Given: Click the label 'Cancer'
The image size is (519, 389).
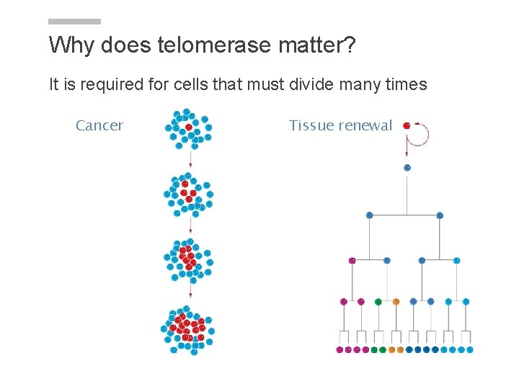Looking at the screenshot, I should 99,125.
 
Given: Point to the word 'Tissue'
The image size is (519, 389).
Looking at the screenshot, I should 311,125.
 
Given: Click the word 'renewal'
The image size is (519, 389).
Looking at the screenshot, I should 365,125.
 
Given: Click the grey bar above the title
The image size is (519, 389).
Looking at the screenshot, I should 75,22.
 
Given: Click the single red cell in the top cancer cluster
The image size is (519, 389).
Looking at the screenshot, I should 189,127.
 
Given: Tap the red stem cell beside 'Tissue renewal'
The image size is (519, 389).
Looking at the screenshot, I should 407,125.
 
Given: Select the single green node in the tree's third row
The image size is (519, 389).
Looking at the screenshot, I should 378,301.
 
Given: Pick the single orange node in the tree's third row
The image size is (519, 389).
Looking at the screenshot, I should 396,301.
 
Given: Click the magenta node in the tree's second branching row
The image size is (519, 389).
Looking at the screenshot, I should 352,260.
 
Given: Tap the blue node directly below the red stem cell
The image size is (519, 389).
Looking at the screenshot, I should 407,167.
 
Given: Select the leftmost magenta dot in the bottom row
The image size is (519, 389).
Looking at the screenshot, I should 340,349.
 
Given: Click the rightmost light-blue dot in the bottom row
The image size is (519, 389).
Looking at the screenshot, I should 470,349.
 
